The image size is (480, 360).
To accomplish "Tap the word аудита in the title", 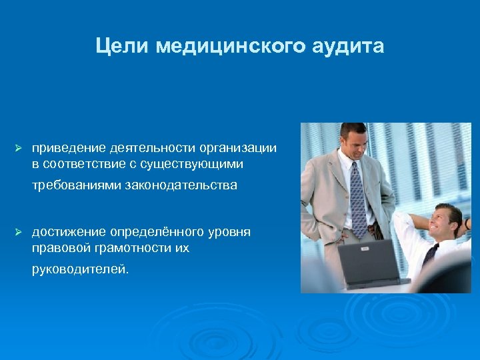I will click(347, 46).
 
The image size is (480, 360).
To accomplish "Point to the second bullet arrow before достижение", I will click(19, 231).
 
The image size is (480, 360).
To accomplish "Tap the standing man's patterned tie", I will click(357, 197).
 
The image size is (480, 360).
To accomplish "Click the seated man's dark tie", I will click(431, 254).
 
